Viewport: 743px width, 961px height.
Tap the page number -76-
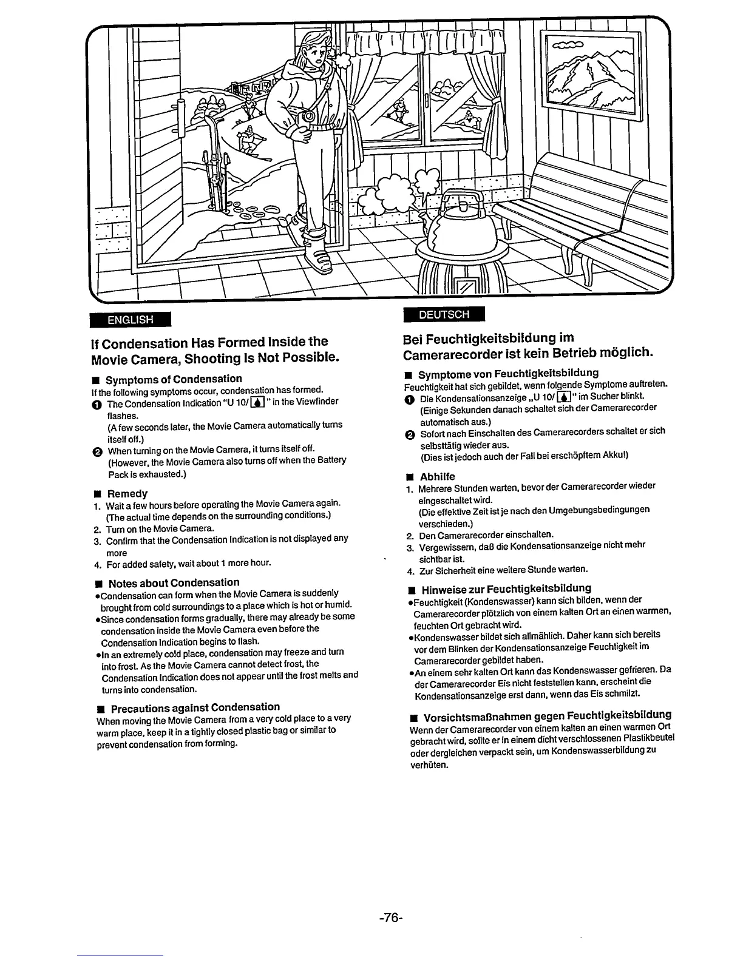(390, 918)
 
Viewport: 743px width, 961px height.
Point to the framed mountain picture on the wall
(591, 72)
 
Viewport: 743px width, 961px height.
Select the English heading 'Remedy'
(127, 493)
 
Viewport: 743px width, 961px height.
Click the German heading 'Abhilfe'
(437, 476)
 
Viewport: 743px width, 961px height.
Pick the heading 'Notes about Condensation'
(174, 582)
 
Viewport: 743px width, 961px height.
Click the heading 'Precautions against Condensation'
(195, 707)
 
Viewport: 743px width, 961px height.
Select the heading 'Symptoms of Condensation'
(174, 379)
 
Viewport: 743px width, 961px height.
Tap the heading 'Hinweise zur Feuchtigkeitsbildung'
(506, 588)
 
